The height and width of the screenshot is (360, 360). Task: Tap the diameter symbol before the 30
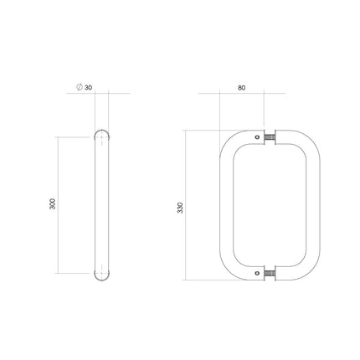coord(79,88)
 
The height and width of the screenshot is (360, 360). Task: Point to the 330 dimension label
coord(179,206)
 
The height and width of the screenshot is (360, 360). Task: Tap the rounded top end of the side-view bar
coord(102,134)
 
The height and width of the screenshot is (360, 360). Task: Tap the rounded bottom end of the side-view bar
coord(102,277)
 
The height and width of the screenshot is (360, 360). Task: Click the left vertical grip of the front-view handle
coord(224,206)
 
